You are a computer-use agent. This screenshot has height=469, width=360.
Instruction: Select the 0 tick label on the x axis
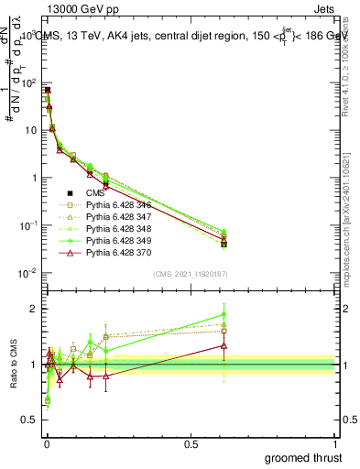[x=47, y=444]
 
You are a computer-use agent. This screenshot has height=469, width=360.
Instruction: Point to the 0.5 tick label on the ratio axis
[x=31, y=421]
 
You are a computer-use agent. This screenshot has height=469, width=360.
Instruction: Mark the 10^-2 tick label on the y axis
[x=27, y=273]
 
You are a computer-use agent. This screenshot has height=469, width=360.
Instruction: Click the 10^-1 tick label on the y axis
[x=27, y=225]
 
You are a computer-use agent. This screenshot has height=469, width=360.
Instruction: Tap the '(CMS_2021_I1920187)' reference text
[x=190, y=274]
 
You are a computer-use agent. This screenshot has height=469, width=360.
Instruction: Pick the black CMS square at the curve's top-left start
[x=48, y=90]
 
